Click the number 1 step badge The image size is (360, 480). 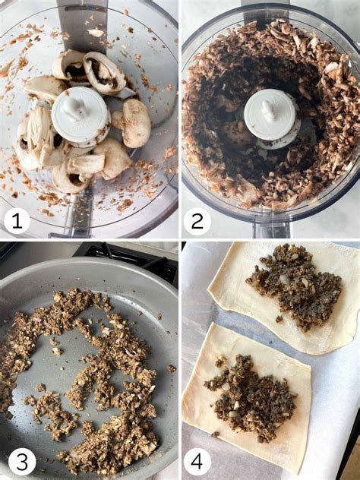point(17,220)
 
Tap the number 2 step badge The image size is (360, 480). point(197,221)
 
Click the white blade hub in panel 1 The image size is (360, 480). point(81,117)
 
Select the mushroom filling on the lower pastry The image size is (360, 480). point(249,397)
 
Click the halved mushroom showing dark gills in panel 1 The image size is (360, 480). point(104,73)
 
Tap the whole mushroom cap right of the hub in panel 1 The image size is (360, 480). point(135,123)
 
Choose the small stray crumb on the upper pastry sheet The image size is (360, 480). point(279,319)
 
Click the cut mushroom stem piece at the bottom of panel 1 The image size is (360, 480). point(87,164)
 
